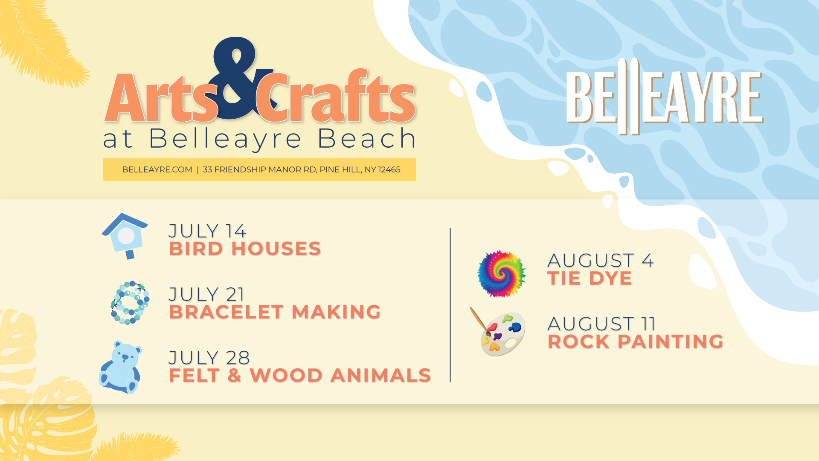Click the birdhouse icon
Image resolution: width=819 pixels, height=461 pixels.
point(125,236)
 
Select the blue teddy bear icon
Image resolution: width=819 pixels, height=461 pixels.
point(120,367)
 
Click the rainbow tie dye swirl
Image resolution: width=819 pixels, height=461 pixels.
point(502,274)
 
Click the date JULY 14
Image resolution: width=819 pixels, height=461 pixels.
point(207,231)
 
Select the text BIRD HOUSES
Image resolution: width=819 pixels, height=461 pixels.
point(245,249)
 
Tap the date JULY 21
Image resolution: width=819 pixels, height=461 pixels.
point(206,295)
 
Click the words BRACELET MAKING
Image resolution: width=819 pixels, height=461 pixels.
point(275,312)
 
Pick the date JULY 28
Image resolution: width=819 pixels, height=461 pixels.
point(209,358)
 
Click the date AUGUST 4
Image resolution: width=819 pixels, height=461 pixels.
point(601,261)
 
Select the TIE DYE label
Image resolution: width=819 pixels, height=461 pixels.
point(590,278)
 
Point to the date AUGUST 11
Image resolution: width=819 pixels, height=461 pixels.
point(601,324)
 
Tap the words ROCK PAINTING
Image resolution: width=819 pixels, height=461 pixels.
point(636,341)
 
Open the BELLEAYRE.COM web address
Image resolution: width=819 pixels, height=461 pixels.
point(157,170)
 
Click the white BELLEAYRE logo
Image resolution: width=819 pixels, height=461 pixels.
point(664,97)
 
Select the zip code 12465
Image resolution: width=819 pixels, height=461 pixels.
point(389,170)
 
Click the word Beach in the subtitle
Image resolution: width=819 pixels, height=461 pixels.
point(367,139)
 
